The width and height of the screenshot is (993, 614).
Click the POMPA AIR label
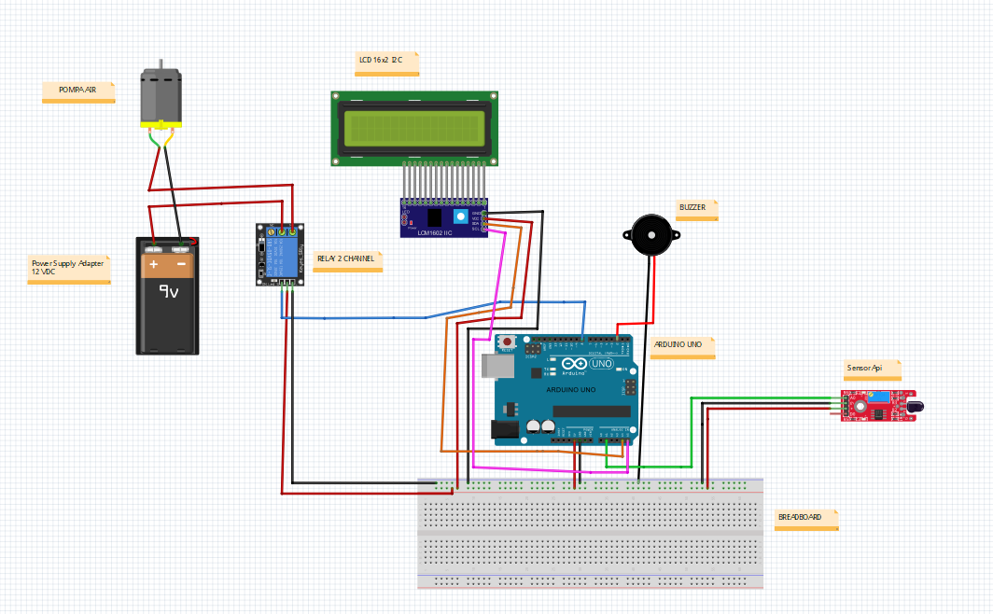[78, 91]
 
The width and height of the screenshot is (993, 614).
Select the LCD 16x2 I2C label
[381, 61]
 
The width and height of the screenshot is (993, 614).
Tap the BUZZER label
[692, 208]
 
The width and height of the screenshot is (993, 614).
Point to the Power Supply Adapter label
[68, 268]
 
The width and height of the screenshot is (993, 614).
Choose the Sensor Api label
[864, 369]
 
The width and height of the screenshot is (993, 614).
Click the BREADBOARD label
[800, 517]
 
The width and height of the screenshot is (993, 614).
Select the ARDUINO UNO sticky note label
[678, 345]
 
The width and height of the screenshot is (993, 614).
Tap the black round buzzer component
[650, 235]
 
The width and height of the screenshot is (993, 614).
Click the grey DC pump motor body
[161, 96]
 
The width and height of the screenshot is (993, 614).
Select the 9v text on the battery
[169, 292]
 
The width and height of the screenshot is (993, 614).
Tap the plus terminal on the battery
[154, 265]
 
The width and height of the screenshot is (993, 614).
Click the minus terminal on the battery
[181, 265]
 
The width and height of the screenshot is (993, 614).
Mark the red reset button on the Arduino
[507, 342]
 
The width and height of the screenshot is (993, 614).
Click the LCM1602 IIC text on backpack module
[435, 232]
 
